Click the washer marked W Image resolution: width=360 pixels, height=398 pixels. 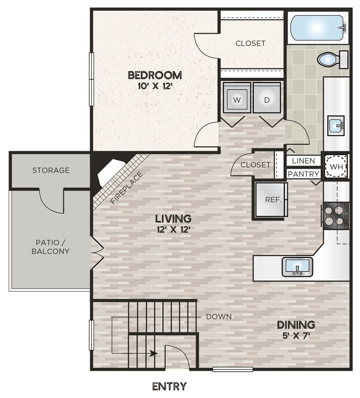pyautogui.click(x=236, y=98)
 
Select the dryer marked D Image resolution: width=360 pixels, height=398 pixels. pyautogui.click(x=267, y=98)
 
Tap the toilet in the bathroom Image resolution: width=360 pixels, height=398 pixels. pyautogui.click(x=332, y=59)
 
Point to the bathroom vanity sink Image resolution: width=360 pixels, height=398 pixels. pyautogui.click(x=336, y=125)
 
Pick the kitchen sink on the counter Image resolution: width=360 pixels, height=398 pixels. pyautogui.click(x=297, y=267)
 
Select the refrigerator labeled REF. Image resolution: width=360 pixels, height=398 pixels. pyautogui.click(x=271, y=199)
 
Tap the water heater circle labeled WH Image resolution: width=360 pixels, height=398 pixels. pyautogui.click(x=336, y=167)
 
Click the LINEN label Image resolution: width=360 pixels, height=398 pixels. pyautogui.click(x=303, y=161)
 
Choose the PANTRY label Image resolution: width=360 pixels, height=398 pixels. pyautogui.click(x=304, y=174)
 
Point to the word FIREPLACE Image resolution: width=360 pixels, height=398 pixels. pyautogui.click(x=127, y=188)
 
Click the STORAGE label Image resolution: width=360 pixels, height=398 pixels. pyautogui.click(x=51, y=170)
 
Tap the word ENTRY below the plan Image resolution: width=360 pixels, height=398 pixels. pyautogui.click(x=169, y=386)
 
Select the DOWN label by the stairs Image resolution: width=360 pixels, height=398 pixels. pyautogui.click(x=219, y=317)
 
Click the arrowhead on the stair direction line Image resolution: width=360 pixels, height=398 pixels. pyautogui.click(x=153, y=353)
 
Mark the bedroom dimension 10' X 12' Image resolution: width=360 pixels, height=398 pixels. pyautogui.click(x=155, y=86)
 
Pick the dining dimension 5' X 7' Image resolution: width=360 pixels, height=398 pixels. pyautogui.click(x=296, y=336)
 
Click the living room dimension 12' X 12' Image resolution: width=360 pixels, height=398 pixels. pyautogui.click(x=174, y=230)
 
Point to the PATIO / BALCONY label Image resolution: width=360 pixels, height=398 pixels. pyautogui.click(x=50, y=247)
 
